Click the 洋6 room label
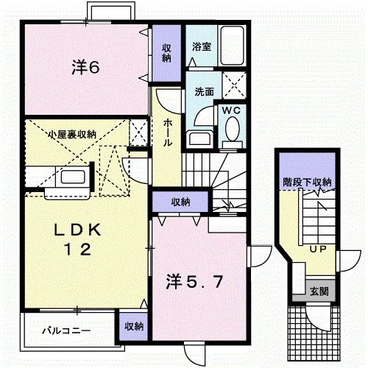coord(85,68)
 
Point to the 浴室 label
coord(202,46)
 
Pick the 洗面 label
coord(204,93)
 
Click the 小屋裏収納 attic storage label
coord(71,134)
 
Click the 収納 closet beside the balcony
coord(133,327)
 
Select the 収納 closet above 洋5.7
coord(180,202)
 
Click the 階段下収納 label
coord(307,181)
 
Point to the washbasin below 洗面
coord(198,137)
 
